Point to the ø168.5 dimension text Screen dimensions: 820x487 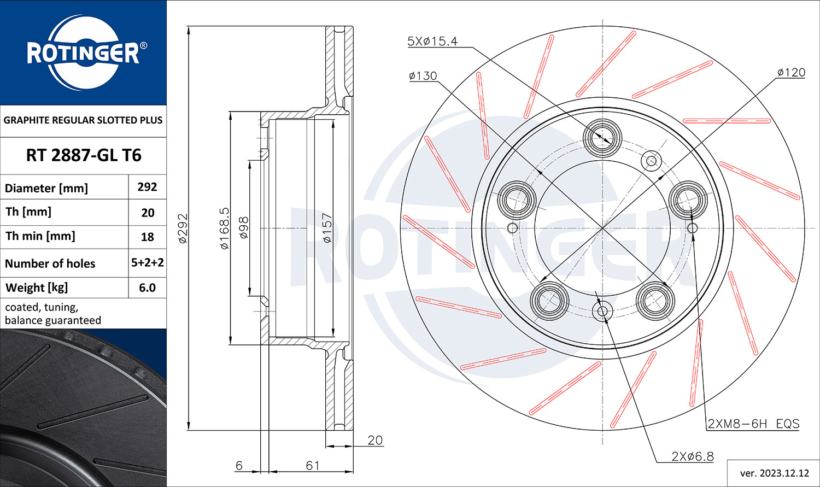(224, 228)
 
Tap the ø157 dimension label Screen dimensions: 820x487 (327, 228)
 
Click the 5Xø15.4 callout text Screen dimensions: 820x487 (432, 41)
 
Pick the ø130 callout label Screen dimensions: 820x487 (423, 76)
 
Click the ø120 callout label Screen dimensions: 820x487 (791, 73)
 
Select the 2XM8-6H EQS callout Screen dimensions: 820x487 (753, 424)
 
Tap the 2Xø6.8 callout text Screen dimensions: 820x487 (693, 456)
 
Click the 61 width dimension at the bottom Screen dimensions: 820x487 (313, 466)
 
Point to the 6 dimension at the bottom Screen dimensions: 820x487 (239, 466)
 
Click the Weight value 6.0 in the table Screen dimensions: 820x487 (147, 287)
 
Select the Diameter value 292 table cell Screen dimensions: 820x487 (147, 187)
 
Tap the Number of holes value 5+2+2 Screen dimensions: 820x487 (148, 262)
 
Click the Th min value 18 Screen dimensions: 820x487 (147, 237)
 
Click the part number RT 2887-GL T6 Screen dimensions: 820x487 (84, 155)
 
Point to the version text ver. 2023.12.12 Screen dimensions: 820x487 (775, 473)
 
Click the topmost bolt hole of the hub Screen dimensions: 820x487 (602, 139)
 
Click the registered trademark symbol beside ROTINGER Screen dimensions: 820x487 (143, 45)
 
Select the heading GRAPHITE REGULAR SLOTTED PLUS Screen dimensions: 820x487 (83, 120)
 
